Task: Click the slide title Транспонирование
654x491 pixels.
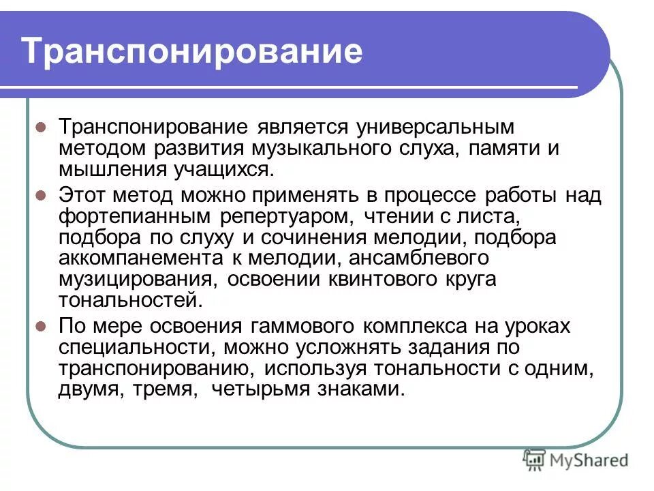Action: tap(191, 52)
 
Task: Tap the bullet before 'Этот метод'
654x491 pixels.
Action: tap(41, 195)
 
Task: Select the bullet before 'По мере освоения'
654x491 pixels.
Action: tap(41, 326)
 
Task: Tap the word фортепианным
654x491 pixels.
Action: tap(136, 217)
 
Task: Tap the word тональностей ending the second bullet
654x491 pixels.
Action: tap(129, 301)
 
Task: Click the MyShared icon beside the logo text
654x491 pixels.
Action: tap(534, 460)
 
